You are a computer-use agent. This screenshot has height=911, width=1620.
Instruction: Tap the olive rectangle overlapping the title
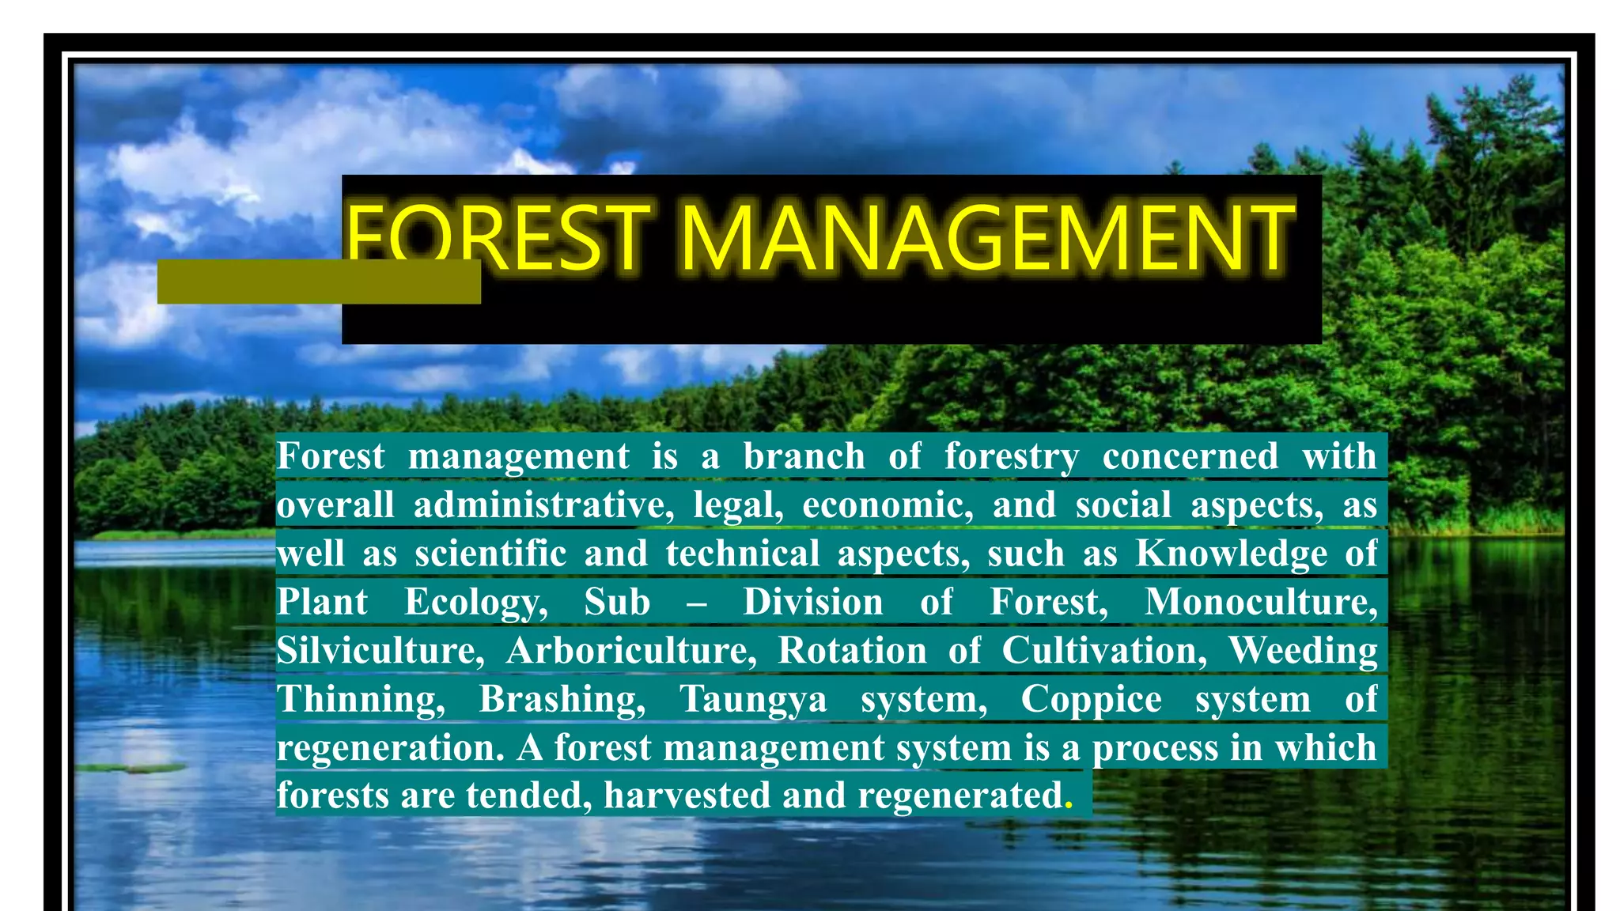[x=319, y=282]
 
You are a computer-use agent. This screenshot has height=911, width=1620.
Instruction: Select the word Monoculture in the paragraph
[x=1261, y=603]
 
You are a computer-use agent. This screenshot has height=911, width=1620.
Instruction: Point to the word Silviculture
[x=380, y=651]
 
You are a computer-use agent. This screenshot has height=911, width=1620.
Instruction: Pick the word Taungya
[x=753, y=700]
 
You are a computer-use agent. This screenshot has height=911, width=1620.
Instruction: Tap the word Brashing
[x=562, y=700]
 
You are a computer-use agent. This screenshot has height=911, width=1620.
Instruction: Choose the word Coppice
[x=1091, y=700]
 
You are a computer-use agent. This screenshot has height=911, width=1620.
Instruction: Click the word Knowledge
[x=1232, y=554]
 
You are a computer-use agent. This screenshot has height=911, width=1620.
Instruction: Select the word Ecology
[x=476, y=603]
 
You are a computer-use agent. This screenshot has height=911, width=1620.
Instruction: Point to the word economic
[x=888, y=505]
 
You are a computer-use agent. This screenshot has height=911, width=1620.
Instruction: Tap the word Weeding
[x=1303, y=651]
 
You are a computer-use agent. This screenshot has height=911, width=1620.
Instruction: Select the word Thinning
[x=361, y=700]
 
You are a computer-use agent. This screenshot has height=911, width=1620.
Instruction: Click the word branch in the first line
[x=804, y=456]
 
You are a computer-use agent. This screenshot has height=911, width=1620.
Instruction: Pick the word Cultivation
[x=1104, y=651]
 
